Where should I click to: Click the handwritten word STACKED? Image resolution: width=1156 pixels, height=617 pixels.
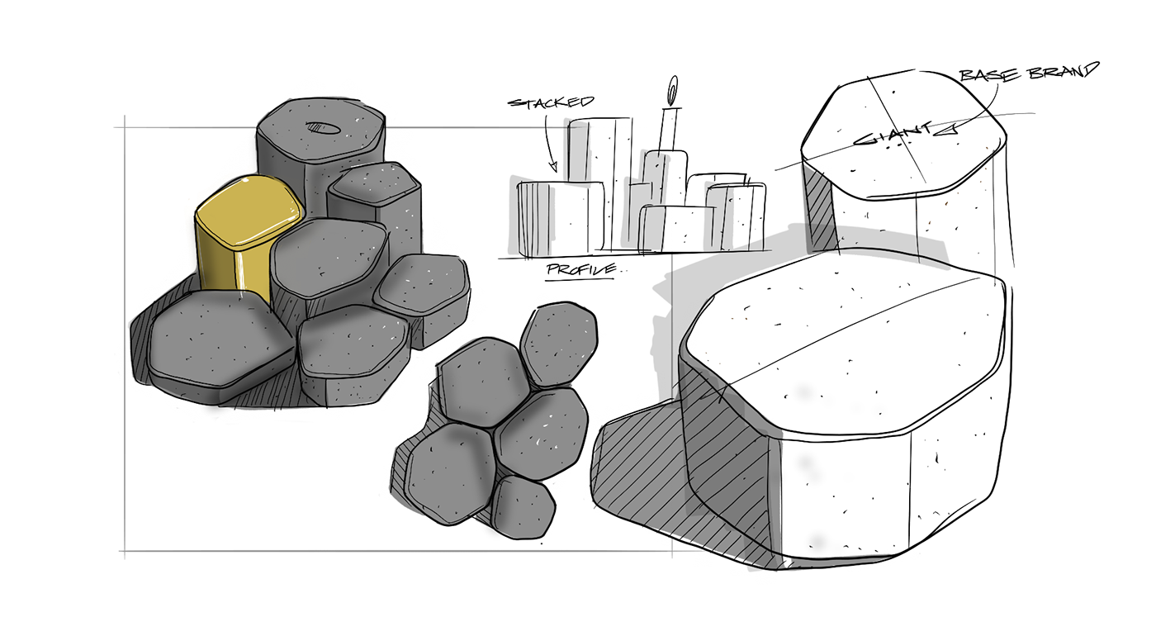[x=551, y=102]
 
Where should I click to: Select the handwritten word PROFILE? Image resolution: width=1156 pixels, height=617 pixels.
[x=580, y=270]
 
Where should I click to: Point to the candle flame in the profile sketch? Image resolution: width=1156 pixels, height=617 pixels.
[x=672, y=86]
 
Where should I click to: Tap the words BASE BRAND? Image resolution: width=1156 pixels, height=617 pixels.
[x=1028, y=73]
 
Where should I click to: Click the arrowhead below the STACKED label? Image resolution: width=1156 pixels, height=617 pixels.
[x=555, y=168]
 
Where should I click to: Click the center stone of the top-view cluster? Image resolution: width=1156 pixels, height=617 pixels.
[x=542, y=430]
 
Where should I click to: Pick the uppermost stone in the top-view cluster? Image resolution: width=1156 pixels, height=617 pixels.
[x=560, y=340]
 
